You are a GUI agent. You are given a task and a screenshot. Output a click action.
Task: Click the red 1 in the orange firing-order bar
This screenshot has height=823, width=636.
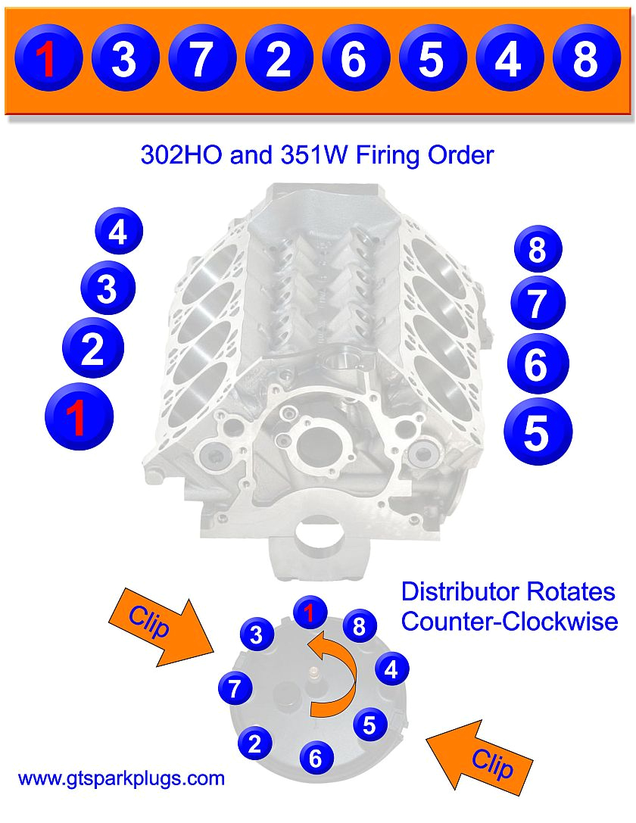[47, 58]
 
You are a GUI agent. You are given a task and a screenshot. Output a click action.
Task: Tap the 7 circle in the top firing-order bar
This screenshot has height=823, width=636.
[200, 58]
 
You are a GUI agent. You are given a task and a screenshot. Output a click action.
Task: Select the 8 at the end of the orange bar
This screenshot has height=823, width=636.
[585, 58]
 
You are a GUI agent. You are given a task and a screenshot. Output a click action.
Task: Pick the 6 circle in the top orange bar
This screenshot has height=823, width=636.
[354, 58]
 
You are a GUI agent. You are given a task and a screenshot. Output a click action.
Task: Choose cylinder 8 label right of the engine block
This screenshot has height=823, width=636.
[537, 250]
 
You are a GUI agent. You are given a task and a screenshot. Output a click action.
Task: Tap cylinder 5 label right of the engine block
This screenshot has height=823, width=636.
[537, 433]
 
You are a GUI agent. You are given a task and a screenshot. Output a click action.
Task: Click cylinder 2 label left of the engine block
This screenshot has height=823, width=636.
[93, 349]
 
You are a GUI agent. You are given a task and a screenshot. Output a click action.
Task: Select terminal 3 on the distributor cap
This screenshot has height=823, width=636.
[257, 634]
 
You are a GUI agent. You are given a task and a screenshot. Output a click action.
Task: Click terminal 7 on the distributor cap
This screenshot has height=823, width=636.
[235, 689]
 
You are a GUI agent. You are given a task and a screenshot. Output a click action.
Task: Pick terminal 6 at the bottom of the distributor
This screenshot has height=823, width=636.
[316, 757]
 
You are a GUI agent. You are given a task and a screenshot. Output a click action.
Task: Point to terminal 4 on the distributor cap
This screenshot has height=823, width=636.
[391, 669]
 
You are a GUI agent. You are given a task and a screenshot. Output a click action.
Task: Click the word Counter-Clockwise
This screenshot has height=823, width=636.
[509, 622]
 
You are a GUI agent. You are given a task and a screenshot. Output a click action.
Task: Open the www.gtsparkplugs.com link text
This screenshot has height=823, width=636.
[121, 778]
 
